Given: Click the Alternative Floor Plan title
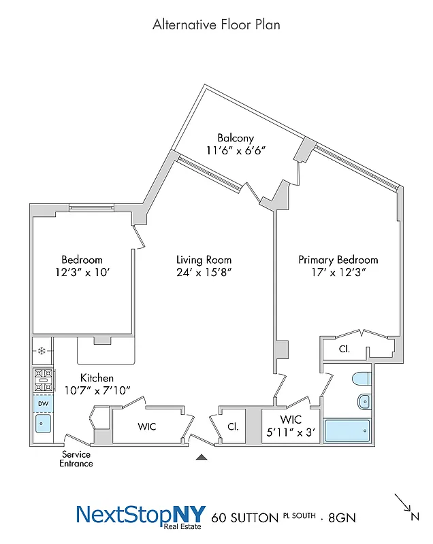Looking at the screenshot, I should coord(216,25).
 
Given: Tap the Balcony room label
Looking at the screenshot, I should coord(236,138).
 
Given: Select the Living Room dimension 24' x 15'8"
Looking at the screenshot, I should coord(204,273).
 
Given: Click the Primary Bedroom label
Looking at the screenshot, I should coord(338,260).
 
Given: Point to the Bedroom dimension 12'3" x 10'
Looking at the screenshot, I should coord(82,273).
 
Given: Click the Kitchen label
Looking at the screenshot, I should coord(97,377).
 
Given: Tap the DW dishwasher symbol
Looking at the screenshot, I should coord(42,403).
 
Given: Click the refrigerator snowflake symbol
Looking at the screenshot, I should coord(42,352).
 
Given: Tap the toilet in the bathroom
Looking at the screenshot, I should coord(359,379).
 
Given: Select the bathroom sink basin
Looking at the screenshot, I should coord(363,402).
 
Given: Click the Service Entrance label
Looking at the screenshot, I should coord(76,459).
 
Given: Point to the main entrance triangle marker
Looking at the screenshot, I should coord(201,458).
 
